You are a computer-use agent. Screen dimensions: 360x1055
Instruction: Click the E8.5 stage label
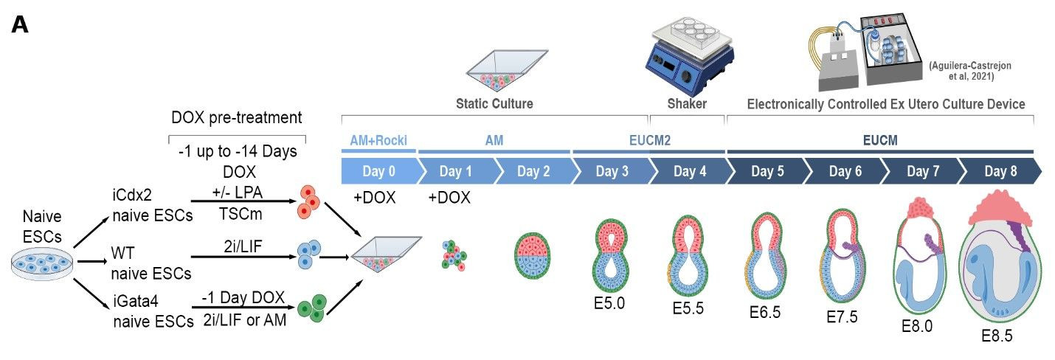pos(997,335)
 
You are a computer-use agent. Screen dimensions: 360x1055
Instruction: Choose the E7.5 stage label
pos(842,317)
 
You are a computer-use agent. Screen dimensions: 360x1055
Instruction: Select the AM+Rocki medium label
pos(378,140)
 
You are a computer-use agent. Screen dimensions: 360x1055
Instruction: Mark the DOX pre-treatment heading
pos(237,118)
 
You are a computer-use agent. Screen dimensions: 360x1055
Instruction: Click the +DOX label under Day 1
pos(449,198)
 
